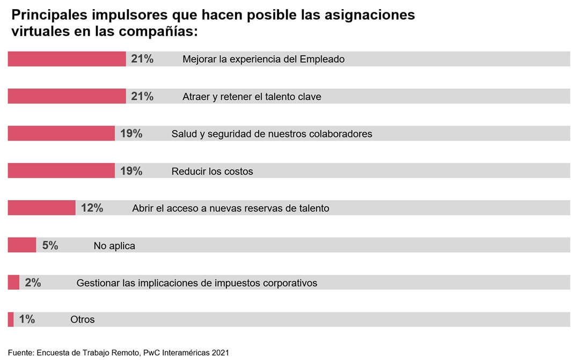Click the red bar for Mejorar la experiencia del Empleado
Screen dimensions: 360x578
point(67,59)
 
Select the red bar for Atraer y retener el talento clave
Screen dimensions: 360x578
point(67,96)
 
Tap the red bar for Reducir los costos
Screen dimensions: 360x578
point(61,171)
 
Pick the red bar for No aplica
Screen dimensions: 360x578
point(22,245)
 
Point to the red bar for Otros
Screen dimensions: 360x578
point(11,319)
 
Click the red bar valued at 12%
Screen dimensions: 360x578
point(42,208)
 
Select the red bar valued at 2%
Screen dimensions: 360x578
point(13,282)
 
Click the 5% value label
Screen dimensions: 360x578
point(50,245)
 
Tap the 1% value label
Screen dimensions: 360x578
point(27,319)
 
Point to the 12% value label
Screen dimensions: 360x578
point(92,208)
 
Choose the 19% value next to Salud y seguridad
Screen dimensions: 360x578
point(131,134)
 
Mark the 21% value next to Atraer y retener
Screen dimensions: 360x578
point(142,96)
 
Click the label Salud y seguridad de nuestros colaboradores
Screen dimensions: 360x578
point(272,134)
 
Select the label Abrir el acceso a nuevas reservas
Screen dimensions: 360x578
point(230,208)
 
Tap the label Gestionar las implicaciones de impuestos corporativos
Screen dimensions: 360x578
point(196,283)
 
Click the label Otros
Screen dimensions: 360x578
point(82,319)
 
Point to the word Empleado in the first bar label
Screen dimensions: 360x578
point(322,59)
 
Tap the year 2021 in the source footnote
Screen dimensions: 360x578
point(220,352)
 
